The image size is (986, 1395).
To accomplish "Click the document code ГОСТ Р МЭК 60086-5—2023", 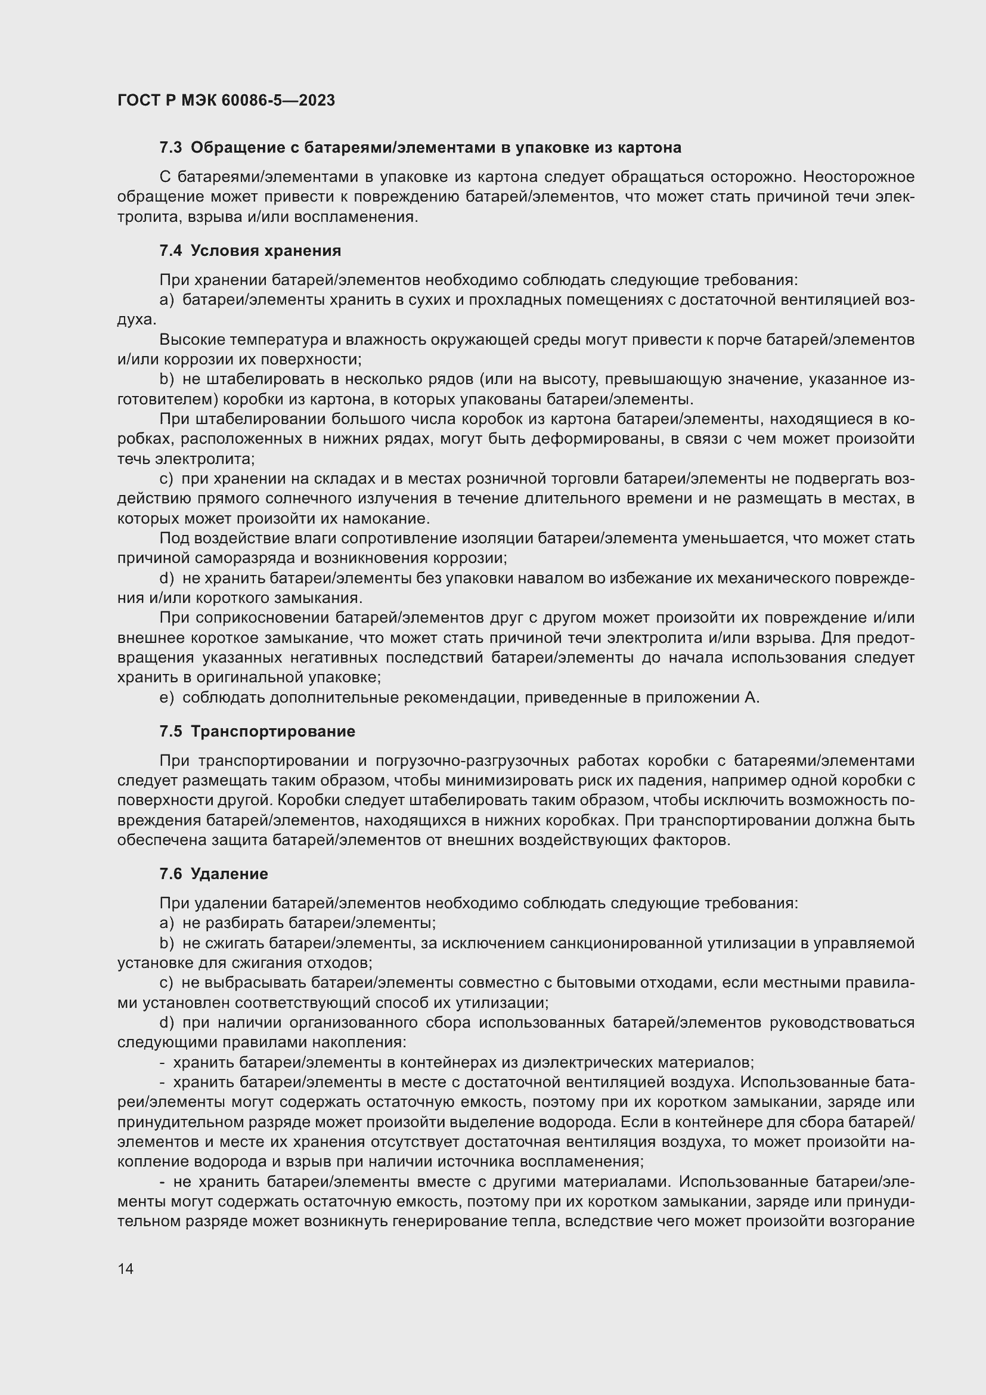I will (x=226, y=101).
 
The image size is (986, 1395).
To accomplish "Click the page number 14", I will (x=126, y=1269).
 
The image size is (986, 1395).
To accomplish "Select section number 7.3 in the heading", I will (x=170, y=148).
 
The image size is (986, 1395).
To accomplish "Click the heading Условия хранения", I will (x=265, y=250).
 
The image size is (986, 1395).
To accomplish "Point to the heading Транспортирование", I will (x=272, y=731).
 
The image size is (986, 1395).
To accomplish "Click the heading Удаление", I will (x=229, y=874).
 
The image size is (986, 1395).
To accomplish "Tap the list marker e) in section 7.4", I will (x=166, y=698).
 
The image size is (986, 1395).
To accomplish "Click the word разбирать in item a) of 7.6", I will (x=244, y=923).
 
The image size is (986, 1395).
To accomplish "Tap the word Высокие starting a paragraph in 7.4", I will (x=190, y=339).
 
